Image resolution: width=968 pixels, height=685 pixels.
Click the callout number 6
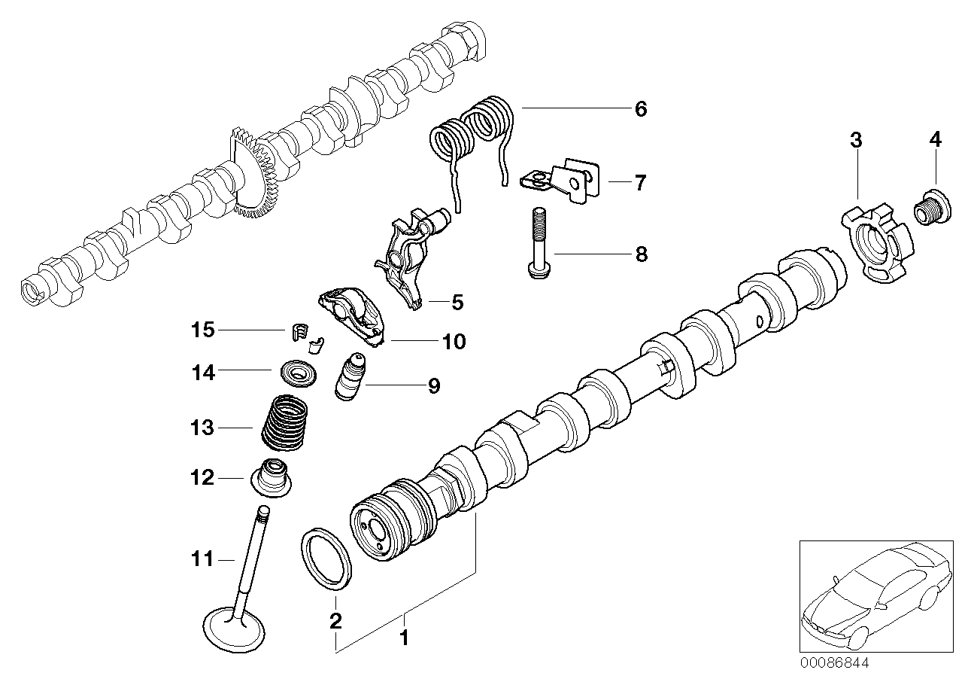pyautogui.click(x=640, y=109)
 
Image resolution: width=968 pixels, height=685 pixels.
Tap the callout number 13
pyautogui.click(x=202, y=428)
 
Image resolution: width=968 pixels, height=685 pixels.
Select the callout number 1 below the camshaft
pyautogui.click(x=404, y=638)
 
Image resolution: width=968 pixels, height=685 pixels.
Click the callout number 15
pyautogui.click(x=202, y=330)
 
